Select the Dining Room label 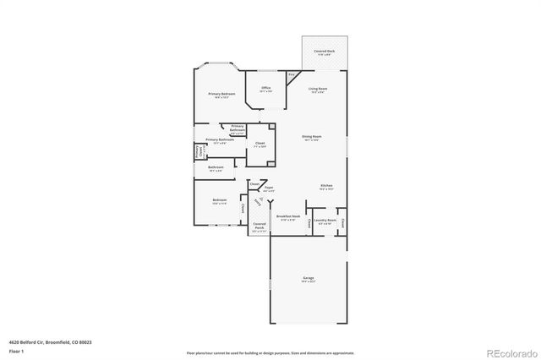pyautogui.click(x=312, y=137)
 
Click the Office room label pyautogui.click(x=265, y=89)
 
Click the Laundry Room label pyautogui.click(x=325, y=221)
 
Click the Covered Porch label pyautogui.click(x=260, y=227)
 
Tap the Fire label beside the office pyautogui.click(x=291, y=76)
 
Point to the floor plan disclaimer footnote pyautogui.click(x=270, y=352)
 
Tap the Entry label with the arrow pyautogui.click(x=258, y=200)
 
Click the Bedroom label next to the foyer pyautogui.click(x=218, y=201)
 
